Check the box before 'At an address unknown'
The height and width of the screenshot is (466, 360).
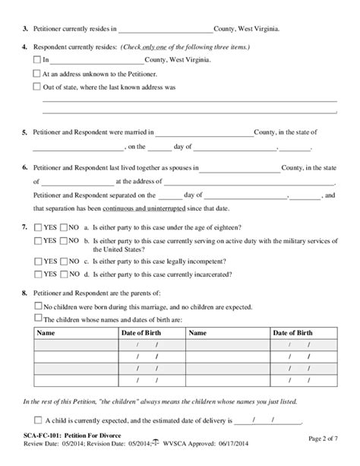pyautogui.click(x=37, y=73)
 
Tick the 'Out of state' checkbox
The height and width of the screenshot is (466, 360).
pyautogui.click(x=37, y=87)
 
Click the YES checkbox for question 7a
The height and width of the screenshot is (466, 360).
pyautogui.click(x=37, y=227)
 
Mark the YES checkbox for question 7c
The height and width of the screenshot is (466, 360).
pyautogui.click(x=37, y=261)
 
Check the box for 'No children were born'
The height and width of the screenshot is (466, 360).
pyautogui.click(x=37, y=306)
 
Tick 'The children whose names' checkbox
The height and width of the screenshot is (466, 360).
pyautogui.click(x=37, y=319)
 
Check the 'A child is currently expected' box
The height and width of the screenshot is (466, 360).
pyautogui.click(x=38, y=420)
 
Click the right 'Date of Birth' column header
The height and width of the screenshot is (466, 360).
pyautogui.click(x=292, y=333)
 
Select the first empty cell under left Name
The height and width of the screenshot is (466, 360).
pyautogui.click(x=68, y=346)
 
